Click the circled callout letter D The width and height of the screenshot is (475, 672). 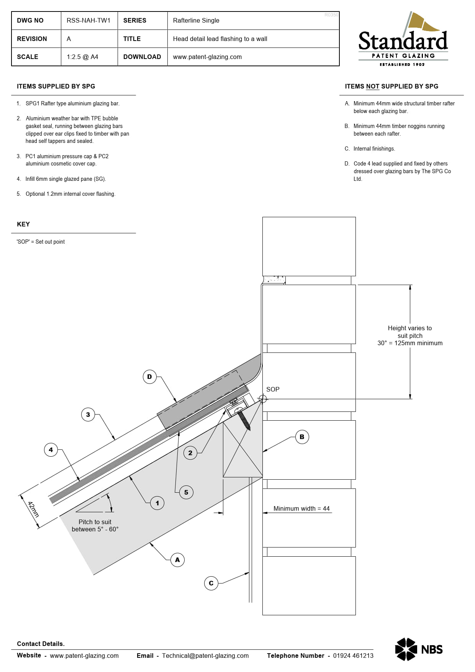[x=149, y=377]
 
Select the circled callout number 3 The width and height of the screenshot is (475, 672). [x=88, y=414]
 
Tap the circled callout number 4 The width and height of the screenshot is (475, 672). [x=51, y=450]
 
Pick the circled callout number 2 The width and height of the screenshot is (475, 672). [x=190, y=453]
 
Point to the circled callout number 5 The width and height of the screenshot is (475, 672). [x=186, y=492]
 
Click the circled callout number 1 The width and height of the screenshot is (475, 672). [x=157, y=503]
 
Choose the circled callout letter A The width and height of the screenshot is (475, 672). [x=177, y=560]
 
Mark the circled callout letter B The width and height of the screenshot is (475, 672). [x=302, y=437]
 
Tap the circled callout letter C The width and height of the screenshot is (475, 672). [x=211, y=583]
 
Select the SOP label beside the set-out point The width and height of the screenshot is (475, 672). [x=273, y=389]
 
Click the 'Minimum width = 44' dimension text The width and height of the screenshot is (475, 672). [x=301, y=508]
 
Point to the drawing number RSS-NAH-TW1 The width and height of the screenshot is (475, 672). [x=88, y=20]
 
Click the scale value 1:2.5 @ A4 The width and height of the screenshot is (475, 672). [x=82, y=57]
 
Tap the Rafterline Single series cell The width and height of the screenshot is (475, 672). [x=196, y=20]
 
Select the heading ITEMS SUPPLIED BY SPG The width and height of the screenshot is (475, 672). [x=56, y=86]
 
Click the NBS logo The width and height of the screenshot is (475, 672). [x=419, y=649]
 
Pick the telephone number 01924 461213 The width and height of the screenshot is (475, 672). [x=353, y=656]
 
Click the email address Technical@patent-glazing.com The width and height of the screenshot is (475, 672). [x=205, y=656]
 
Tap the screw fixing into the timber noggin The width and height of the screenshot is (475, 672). [x=244, y=420]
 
